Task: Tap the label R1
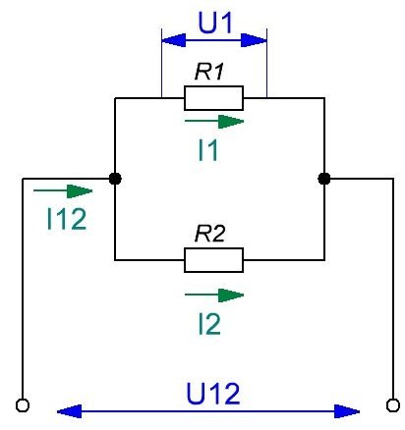tap(209, 72)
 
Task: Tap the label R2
tap(209, 234)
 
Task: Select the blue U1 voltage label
tap(215, 23)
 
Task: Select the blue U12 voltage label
tap(213, 394)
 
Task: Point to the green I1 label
tap(208, 150)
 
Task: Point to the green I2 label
tap(209, 324)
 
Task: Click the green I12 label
tap(67, 219)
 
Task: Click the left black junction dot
tap(115, 179)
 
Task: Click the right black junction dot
tap(324, 179)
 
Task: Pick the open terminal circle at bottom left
tap(23, 405)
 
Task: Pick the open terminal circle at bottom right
tap(393, 405)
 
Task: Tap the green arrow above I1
tap(214, 122)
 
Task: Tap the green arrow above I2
tap(214, 296)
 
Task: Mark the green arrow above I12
tap(63, 191)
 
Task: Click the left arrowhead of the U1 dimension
tap(174, 40)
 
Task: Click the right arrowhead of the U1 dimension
tap(254, 40)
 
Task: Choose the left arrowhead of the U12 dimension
tap(69, 411)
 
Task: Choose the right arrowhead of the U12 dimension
tap(347, 411)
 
